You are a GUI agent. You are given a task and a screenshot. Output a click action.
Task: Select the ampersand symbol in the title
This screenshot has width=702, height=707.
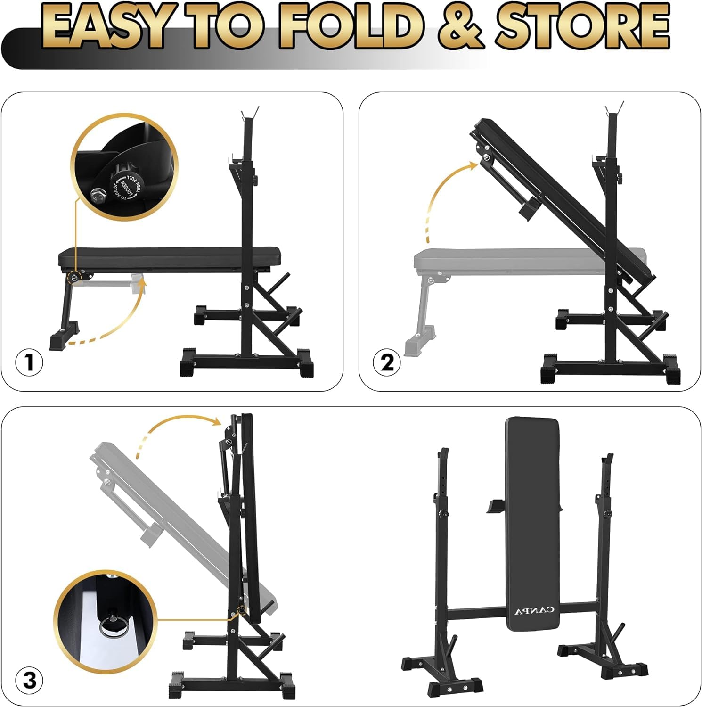pyautogui.click(x=460, y=27)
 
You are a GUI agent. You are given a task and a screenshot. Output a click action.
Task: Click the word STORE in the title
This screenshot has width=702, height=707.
pyautogui.click(x=581, y=27)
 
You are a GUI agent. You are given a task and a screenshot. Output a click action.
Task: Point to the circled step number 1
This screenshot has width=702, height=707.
pyautogui.click(x=29, y=362)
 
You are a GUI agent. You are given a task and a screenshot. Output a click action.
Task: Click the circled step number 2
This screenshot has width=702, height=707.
pyautogui.click(x=387, y=362)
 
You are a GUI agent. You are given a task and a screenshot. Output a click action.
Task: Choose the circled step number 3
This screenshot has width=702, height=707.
pyautogui.click(x=29, y=681)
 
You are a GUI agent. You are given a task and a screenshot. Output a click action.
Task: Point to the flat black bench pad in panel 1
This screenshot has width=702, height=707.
pyautogui.click(x=170, y=257)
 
